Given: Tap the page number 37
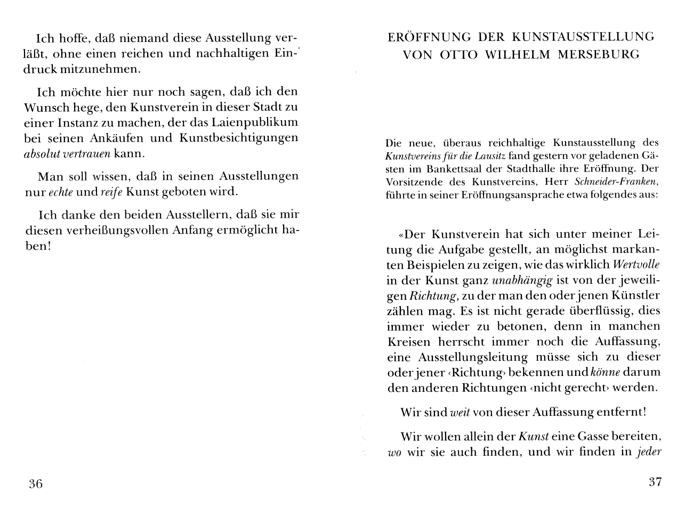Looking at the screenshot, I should click(x=655, y=482).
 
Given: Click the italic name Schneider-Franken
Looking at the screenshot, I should click(x=628, y=181).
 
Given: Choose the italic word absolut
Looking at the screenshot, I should click(x=43, y=154).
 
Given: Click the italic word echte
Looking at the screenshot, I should click(x=61, y=192).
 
